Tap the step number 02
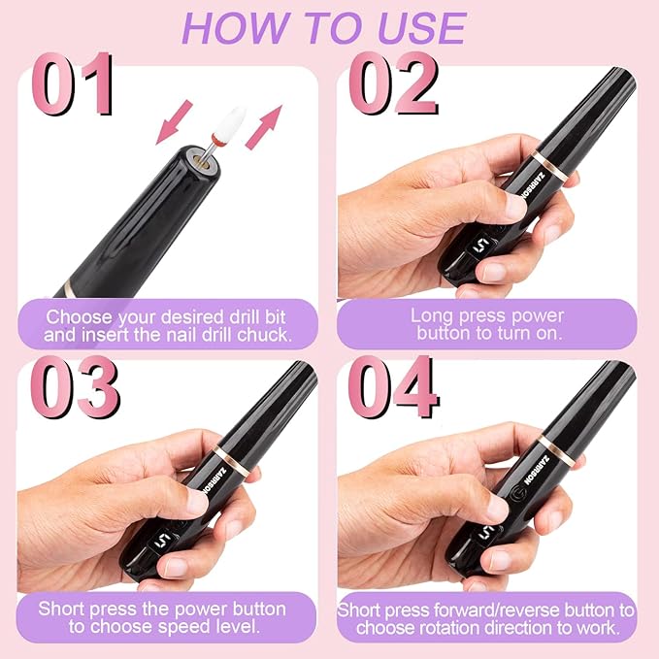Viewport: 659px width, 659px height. tap(393, 84)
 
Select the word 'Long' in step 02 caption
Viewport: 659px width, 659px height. tap(431, 315)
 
